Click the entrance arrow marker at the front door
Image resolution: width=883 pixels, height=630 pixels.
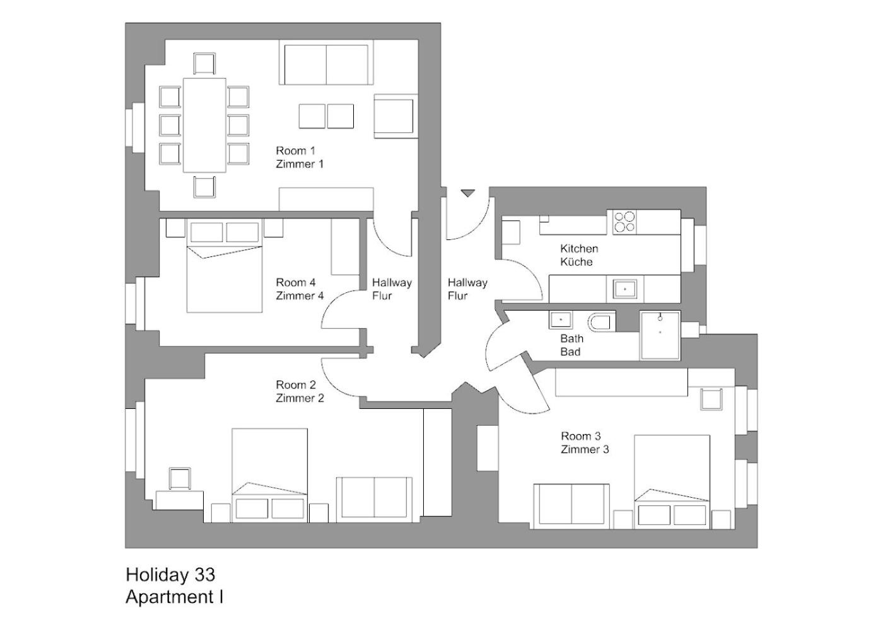tap(468, 193)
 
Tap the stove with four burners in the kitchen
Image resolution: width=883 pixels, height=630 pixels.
tap(624, 222)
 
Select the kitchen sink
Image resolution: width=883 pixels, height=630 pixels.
tap(625, 289)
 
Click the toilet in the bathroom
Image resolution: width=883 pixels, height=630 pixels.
tap(601, 323)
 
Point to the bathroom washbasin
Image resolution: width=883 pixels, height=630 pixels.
tap(560, 319)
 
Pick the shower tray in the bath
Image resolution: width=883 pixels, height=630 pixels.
tap(660, 335)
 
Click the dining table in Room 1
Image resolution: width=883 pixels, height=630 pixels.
tap(204, 125)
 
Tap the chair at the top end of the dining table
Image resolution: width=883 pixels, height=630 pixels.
tap(204, 64)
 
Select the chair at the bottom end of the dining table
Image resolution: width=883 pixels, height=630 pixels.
tap(204, 187)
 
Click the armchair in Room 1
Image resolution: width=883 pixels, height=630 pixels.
tap(395, 116)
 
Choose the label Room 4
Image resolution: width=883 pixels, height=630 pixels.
tap(296, 282)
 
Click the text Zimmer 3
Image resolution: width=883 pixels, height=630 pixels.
tap(585, 449)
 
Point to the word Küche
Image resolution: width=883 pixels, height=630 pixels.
tap(576, 262)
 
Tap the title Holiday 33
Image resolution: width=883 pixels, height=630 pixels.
tap(170, 575)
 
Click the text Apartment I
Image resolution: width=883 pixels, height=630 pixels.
tap(175, 597)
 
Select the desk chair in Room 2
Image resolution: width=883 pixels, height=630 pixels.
tap(180, 478)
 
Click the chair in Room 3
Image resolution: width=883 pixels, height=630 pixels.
tap(711, 399)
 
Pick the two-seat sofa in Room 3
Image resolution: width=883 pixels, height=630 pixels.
tap(571, 507)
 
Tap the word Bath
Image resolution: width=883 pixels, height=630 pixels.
tap(571, 339)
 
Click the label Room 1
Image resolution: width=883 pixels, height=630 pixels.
tap(296, 151)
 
